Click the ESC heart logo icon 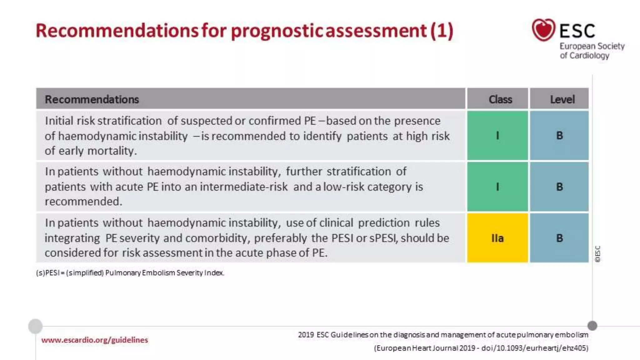tap(543, 30)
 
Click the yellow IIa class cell tap(497, 238)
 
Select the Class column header tap(500, 99)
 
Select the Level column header tap(562, 99)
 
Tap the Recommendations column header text tap(92, 99)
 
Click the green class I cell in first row tap(497, 136)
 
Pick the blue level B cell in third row tap(559, 238)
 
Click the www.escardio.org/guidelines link tap(94, 340)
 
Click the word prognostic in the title tap(277, 31)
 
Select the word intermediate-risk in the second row tap(243, 187)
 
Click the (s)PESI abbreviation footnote tap(130, 273)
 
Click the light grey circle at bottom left tap(35, 326)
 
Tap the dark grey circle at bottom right tap(592, 326)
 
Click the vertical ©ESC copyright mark tap(597, 254)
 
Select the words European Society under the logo tap(592, 46)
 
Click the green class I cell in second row tap(497, 187)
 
